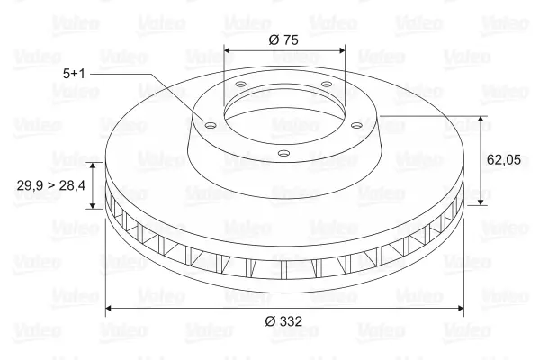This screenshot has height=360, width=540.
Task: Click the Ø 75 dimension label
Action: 283,40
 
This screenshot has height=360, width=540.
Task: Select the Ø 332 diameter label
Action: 283,321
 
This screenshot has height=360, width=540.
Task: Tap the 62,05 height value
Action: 504,160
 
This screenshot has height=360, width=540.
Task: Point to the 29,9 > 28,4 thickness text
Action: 51,185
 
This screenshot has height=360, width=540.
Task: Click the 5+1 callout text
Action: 74,74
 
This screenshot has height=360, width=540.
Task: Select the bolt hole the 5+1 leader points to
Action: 210,125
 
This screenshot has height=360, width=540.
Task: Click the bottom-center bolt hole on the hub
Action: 283,153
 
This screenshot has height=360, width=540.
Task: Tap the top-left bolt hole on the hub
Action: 240,84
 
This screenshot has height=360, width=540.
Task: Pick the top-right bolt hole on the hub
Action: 326,84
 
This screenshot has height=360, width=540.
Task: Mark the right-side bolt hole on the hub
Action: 357,125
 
